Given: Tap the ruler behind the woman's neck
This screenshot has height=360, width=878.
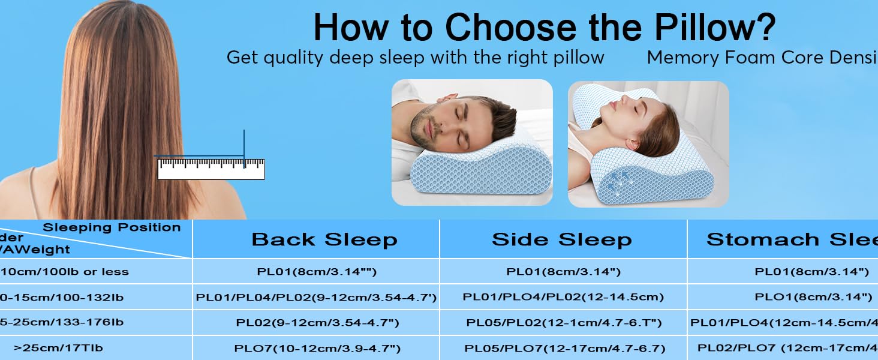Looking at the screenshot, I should [x=211, y=169].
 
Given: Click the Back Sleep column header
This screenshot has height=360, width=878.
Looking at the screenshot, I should [x=324, y=239].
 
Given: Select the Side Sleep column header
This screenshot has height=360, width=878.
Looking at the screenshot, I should [x=562, y=239].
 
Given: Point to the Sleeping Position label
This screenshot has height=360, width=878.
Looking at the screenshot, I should [x=112, y=227].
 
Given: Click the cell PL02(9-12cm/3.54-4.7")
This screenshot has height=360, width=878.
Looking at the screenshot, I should [x=317, y=322].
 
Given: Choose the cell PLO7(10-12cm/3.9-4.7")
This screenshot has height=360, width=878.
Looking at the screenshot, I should [x=317, y=348].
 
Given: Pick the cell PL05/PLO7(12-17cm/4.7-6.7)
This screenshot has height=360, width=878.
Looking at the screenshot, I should [x=565, y=348].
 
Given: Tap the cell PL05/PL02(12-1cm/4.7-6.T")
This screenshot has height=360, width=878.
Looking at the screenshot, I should [x=564, y=322].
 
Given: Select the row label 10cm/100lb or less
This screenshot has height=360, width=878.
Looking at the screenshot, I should [x=65, y=271].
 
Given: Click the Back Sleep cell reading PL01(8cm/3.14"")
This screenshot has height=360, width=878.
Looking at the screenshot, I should [x=317, y=271].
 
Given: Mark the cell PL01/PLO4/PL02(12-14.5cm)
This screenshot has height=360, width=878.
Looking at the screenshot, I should [x=564, y=296].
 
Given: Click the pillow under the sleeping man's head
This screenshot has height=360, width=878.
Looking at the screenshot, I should [x=468, y=171].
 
